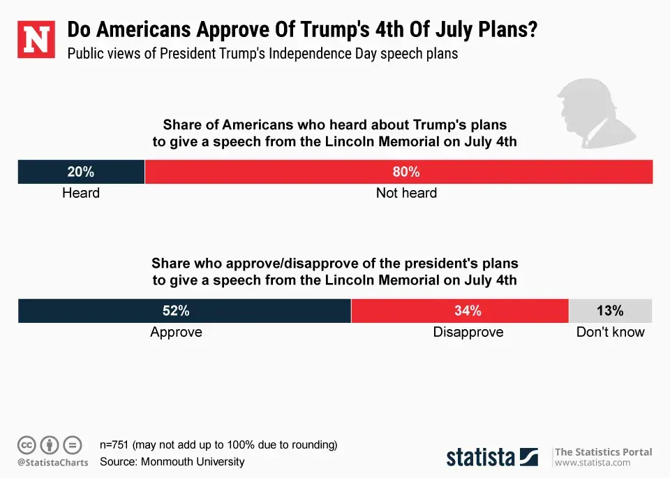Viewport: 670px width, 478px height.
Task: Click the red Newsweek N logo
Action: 36,40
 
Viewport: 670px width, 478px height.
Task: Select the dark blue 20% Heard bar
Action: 81,172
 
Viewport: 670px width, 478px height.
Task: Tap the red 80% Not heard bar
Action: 399,172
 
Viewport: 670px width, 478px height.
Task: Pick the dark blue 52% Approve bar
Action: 184,311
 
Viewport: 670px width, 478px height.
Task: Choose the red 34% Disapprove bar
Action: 460,311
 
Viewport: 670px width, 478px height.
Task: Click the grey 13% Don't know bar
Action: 610,311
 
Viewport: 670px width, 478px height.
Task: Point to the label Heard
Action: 81,193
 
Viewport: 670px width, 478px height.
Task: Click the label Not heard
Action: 406,193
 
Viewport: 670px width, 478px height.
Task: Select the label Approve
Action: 176,333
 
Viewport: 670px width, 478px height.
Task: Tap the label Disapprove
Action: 468,333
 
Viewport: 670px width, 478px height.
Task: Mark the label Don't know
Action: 610,333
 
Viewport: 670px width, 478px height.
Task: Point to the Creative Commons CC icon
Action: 27,444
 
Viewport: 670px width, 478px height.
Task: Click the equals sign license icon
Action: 72,444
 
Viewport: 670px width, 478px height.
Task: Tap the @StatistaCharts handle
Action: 52,463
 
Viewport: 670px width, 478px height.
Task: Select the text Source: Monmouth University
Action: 172,462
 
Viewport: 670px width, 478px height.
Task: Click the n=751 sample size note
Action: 218,444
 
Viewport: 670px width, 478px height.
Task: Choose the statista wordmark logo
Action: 493,457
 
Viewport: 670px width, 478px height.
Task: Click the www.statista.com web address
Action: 593,463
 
